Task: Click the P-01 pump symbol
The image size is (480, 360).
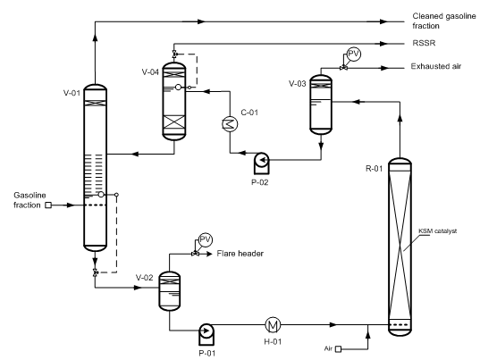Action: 206,334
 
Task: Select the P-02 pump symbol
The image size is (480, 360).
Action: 261,163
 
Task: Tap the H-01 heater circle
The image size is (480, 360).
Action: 273,325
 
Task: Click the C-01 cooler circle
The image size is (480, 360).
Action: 230,124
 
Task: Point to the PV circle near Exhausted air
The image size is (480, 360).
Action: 354,54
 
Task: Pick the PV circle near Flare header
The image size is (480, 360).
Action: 205,239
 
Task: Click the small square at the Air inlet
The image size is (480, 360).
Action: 338,349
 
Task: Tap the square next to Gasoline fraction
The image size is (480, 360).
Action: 48,205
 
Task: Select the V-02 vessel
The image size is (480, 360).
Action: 169,291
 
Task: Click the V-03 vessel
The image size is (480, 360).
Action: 321,105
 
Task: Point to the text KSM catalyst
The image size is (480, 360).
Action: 437,231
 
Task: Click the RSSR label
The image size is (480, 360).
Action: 424,43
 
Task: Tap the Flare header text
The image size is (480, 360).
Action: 240,254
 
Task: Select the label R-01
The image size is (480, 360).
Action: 375,169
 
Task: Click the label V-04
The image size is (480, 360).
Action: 150,72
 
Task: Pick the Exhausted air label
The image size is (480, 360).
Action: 436,66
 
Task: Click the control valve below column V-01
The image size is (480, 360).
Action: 96,272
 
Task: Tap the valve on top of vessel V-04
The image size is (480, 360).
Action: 174,54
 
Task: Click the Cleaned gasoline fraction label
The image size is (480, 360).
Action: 444,21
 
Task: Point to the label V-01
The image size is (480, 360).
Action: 72,93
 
